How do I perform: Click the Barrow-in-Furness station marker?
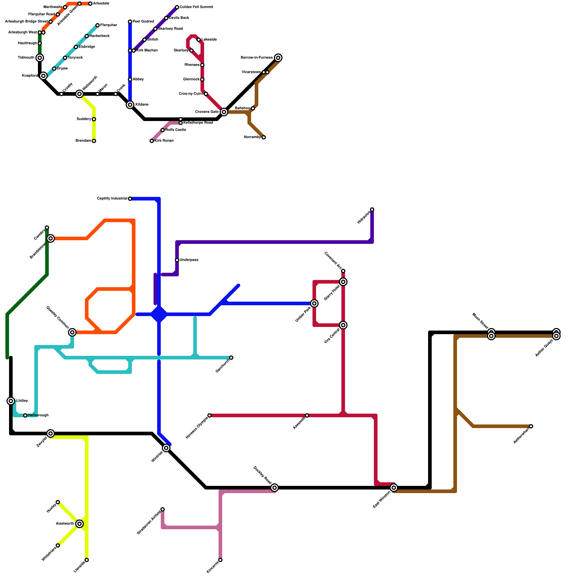278,58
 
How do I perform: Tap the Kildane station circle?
130,105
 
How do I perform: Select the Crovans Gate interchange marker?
224,112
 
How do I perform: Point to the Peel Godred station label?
143,22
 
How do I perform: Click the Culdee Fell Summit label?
196,7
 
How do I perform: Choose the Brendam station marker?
94,141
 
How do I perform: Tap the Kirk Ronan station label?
164,141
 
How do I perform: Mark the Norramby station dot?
264,137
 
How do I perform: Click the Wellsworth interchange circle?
79,94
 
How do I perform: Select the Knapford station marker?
43,76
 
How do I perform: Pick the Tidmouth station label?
26,58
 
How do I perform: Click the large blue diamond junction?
159,314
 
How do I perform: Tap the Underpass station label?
189,260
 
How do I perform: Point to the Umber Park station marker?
314,303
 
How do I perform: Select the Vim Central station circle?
343,325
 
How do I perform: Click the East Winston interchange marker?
394,488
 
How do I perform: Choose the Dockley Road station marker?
275,488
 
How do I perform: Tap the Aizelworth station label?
65,524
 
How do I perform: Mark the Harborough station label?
38,415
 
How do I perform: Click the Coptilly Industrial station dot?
130,199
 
